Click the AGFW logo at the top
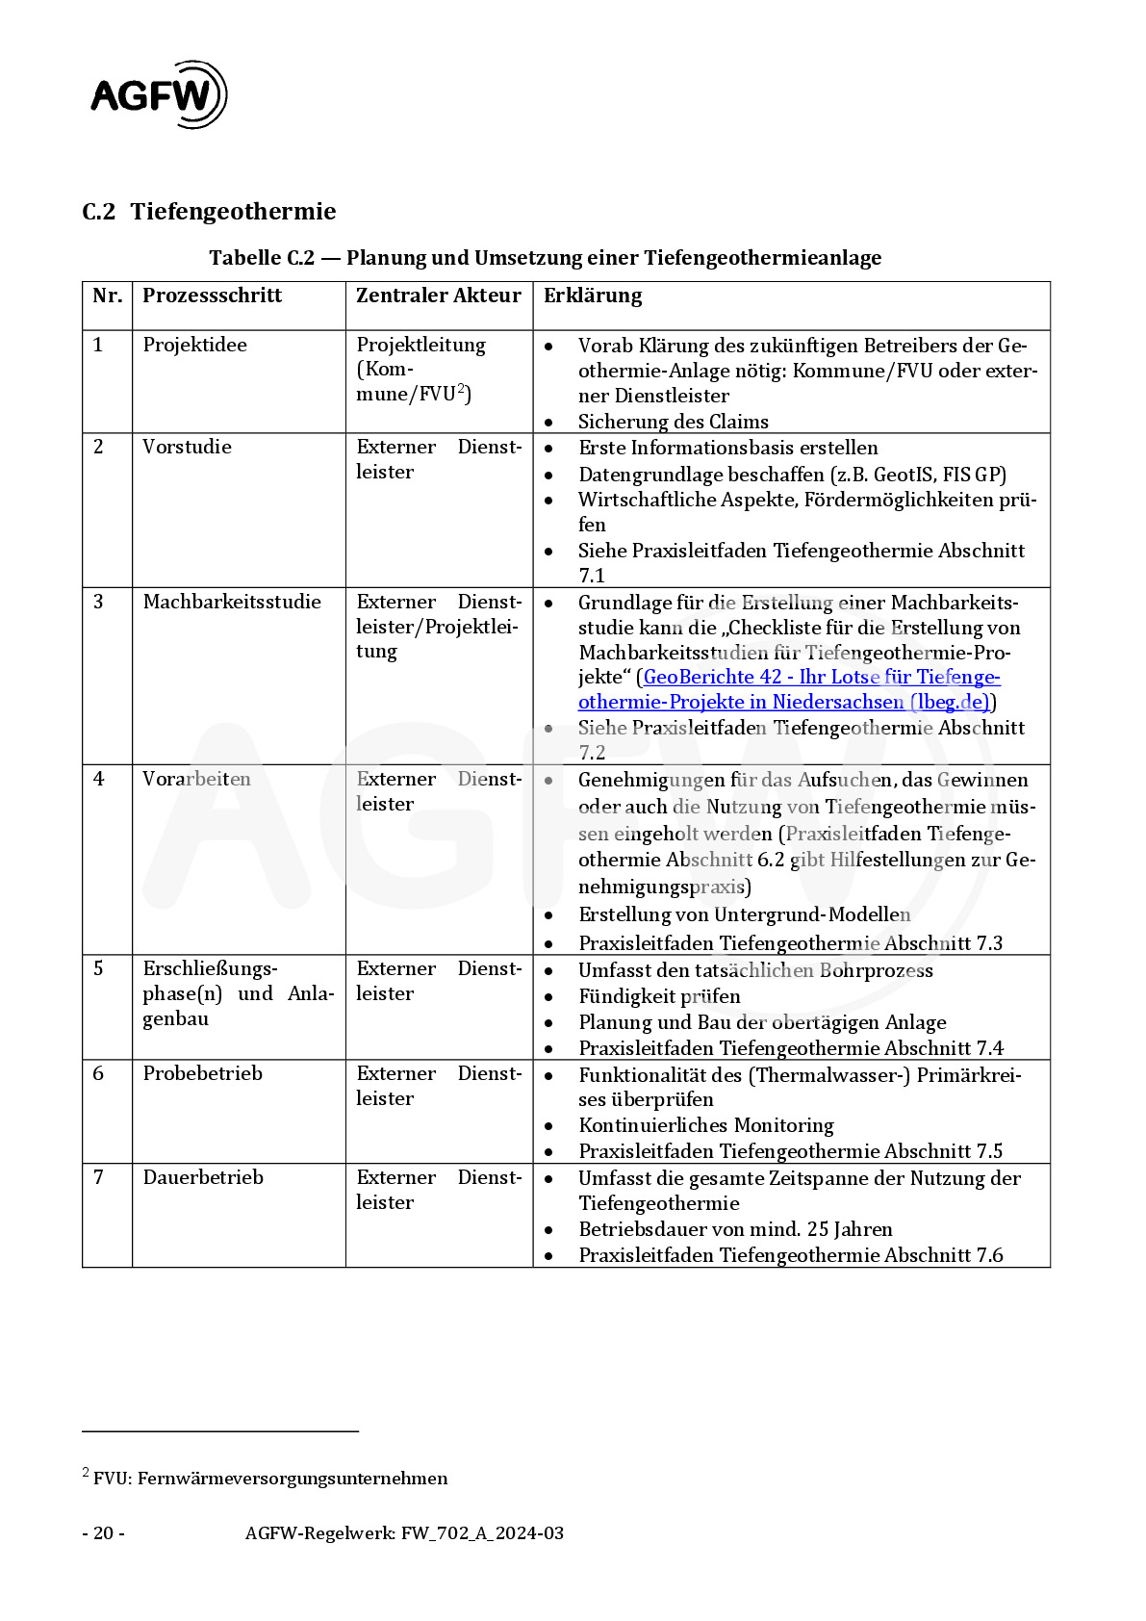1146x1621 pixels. coord(159,94)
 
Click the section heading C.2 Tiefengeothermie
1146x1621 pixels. coord(209,212)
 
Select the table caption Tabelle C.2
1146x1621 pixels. coord(545,258)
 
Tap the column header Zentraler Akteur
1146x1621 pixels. coord(438,296)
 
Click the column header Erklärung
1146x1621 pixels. coord(593,296)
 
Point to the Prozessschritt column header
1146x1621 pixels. coord(212,296)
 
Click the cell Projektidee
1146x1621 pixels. coord(195,345)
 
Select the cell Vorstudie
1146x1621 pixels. coord(187,447)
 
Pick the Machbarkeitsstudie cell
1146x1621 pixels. coord(232,602)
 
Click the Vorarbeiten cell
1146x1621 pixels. coord(196,779)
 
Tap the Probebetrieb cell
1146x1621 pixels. coord(202,1073)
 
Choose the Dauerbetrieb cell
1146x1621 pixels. coord(203,1177)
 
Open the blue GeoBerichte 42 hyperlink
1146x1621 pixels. coord(789,689)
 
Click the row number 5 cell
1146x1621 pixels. coord(98,968)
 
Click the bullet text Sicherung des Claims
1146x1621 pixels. coord(673,422)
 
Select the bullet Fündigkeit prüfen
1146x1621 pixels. coord(659,996)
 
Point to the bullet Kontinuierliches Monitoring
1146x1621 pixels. coord(706,1125)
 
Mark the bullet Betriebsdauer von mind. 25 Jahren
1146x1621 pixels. coord(735,1229)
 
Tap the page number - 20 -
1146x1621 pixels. coord(103,1533)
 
